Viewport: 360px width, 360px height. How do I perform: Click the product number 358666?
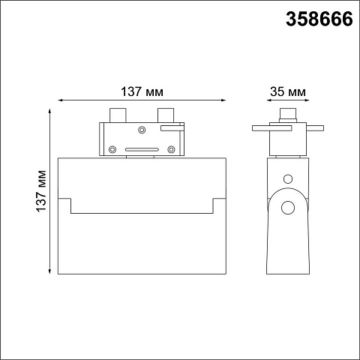pyautogui.click(x=319, y=19)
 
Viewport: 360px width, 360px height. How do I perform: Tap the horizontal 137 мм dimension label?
pyautogui.click(x=142, y=91)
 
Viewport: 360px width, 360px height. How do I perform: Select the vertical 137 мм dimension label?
pyautogui.click(x=41, y=191)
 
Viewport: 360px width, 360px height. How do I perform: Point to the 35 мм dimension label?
pyautogui.click(x=288, y=91)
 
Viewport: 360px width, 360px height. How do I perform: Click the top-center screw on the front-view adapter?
pyautogui.click(x=142, y=130)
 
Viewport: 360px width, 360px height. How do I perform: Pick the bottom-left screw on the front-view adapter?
pyautogui.click(x=112, y=149)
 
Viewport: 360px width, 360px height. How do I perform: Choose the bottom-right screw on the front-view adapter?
pyautogui.click(x=171, y=149)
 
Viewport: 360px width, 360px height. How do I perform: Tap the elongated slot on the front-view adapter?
pyautogui.click(x=142, y=149)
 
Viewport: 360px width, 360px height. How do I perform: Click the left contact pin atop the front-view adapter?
pyautogui.click(x=118, y=115)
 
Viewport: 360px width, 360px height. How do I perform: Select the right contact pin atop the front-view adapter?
pyautogui.click(x=166, y=115)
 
